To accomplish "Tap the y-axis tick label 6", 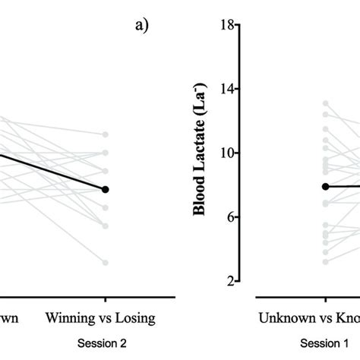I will pos(226,217).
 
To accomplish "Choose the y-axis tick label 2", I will pos(226,281).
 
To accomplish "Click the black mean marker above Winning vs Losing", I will pos(106,189).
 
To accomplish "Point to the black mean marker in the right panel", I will pos(325,186).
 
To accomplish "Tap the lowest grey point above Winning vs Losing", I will pos(106,263).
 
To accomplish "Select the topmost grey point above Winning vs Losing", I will pos(106,134).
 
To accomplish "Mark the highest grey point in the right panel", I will pos(325,103).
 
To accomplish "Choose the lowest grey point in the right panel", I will pos(325,261).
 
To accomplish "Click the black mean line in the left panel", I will pos(53,172).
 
